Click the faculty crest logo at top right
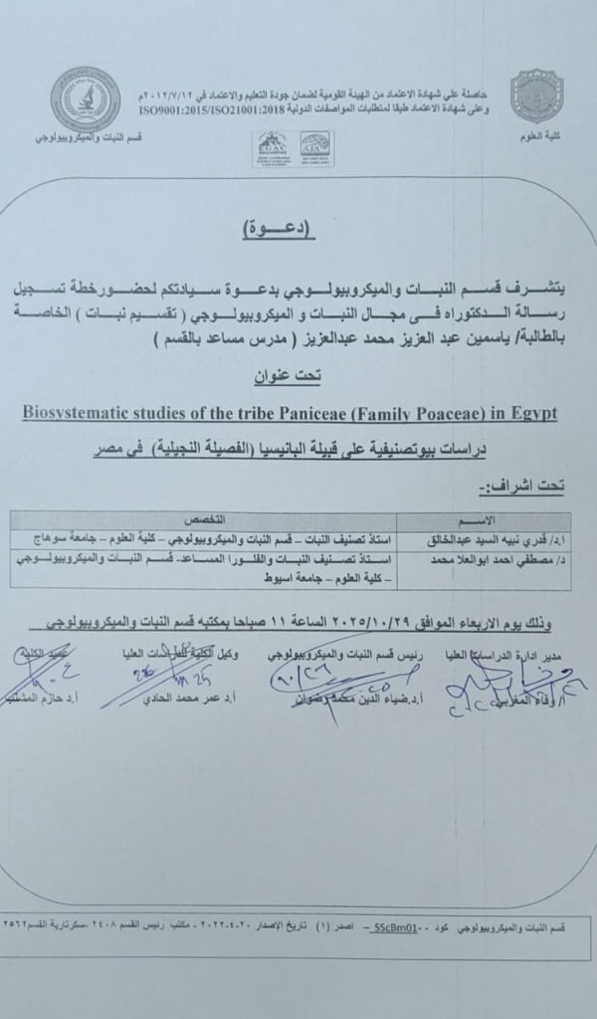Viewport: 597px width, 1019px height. click(536, 96)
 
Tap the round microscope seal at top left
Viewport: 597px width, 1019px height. click(86, 99)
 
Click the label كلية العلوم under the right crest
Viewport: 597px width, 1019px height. click(537, 135)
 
